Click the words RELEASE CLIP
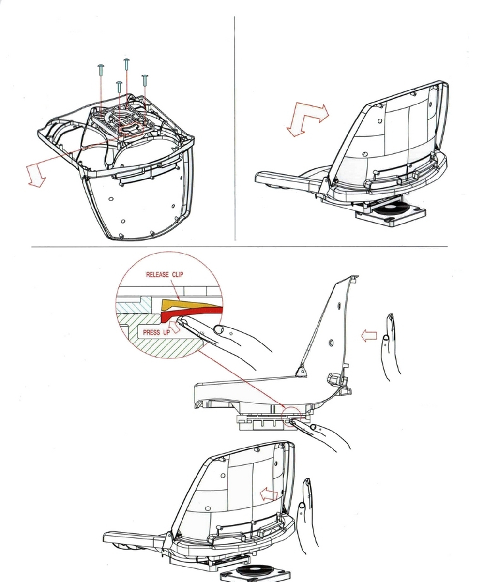[165, 275]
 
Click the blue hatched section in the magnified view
[130, 307]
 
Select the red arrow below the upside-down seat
[35, 175]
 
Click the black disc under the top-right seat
[391, 209]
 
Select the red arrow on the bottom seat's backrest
[270, 494]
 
